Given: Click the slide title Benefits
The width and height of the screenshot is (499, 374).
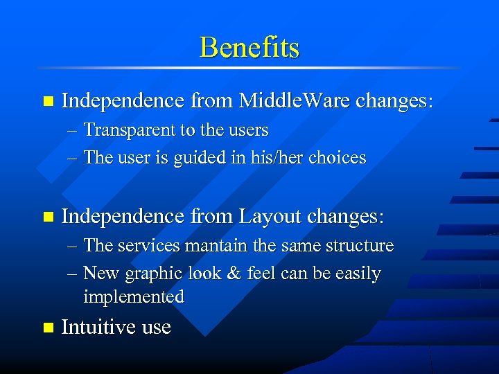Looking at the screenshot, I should pos(249,48).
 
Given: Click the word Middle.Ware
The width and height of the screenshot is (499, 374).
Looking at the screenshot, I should pos(294,101).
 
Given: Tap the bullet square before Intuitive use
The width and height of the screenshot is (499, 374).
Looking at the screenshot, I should pos(47,327).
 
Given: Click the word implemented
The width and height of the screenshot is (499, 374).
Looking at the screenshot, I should pos(133,297).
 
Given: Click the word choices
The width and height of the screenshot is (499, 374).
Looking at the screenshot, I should pos(337,158).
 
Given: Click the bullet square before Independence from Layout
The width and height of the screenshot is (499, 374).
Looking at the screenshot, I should pos(47,217).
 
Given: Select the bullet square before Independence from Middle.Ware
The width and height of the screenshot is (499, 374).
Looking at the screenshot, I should pos(47,102).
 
